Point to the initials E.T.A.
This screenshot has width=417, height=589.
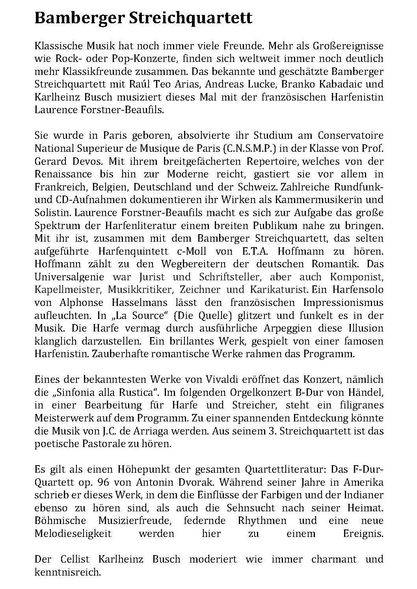pos(248,251)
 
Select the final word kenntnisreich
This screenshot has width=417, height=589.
pos(68,572)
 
